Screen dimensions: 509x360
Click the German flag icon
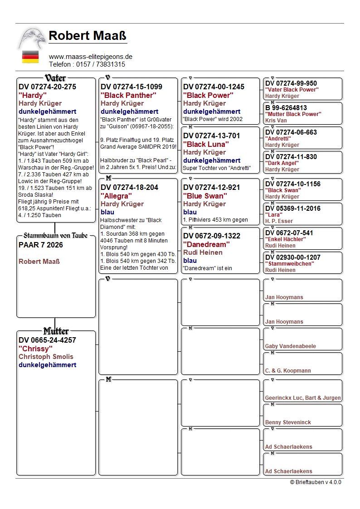pyautogui.click(x=30, y=57)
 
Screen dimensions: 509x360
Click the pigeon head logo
pyautogui.click(x=32, y=39)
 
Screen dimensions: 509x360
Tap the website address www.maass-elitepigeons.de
pyautogui.click(x=90, y=57)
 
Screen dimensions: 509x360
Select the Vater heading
pyautogui.click(x=55, y=78)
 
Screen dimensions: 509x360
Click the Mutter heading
pyautogui.click(x=56, y=331)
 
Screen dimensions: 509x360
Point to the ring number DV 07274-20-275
pyautogui.click(x=47, y=87)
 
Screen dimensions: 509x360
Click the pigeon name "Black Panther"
pyautogui.click(x=128, y=95)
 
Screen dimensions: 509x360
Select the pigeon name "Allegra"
pyautogui.click(x=117, y=196)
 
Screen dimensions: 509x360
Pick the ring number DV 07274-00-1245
pyautogui.click(x=214, y=87)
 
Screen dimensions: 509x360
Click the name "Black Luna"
pyautogui.click(x=206, y=144)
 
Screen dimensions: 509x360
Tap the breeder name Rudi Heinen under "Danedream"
pyautogui.click(x=203, y=252)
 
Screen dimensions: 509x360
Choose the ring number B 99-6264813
pyautogui.click(x=286, y=108)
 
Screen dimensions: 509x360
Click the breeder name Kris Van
pyautogui.click(x=276, y=121)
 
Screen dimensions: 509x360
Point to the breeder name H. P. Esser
pyautogui.click(x=279, y=221)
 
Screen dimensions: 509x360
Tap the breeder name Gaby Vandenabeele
pyautogui.click(x=291, y=346)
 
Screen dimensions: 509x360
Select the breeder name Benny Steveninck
pyautogui.click(x=288, y=422)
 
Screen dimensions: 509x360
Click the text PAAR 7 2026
pyautogui.click(x=41, y=245)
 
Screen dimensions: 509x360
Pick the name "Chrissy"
pyautogui.click(x=34, y=349)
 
